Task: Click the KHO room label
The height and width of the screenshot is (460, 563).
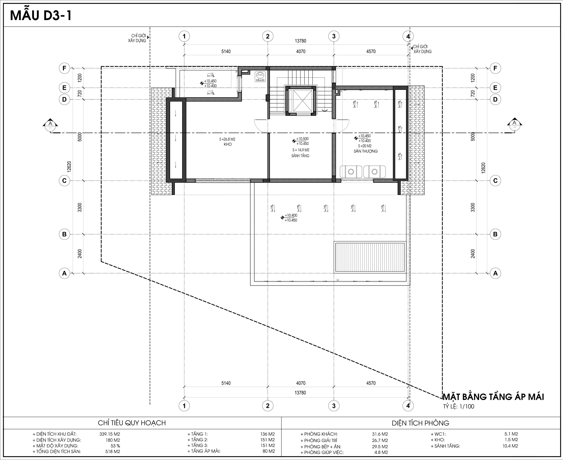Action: point(228,144)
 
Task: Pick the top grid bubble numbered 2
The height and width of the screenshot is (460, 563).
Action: point(268,36)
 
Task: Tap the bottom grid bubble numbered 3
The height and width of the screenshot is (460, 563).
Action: point(334,406)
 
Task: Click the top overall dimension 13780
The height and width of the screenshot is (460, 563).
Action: point(300,41)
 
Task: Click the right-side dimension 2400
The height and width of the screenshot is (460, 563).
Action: point(473,254)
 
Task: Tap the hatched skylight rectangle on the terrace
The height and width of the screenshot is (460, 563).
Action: point(370,257)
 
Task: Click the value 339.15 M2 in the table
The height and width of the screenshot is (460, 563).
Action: point(110,434)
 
